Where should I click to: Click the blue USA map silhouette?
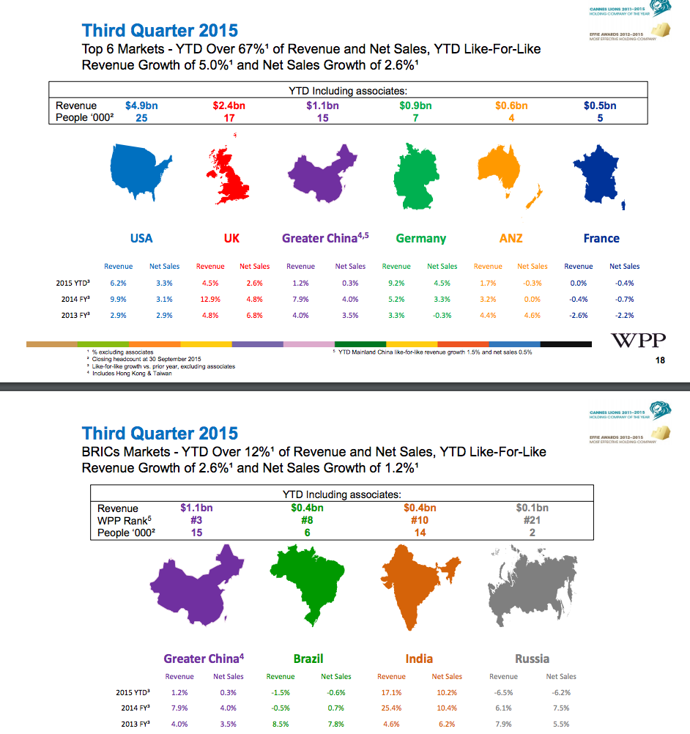(141, 173)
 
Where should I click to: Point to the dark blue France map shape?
(598, 176)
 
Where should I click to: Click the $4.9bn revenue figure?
(141, 105)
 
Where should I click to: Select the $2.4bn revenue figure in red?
(229, 105)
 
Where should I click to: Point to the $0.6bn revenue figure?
(511, 105)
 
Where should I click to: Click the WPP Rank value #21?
(532, 520)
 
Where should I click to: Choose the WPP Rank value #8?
(308, 520)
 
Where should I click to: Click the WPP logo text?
(638, 341)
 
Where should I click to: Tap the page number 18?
(660, 360)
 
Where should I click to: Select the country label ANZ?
(511, 238)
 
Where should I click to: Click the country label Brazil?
(308, 659)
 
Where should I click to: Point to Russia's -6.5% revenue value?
(502, 692)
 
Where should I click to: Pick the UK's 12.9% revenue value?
(210, 299)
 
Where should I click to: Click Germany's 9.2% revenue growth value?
(396, 283)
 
